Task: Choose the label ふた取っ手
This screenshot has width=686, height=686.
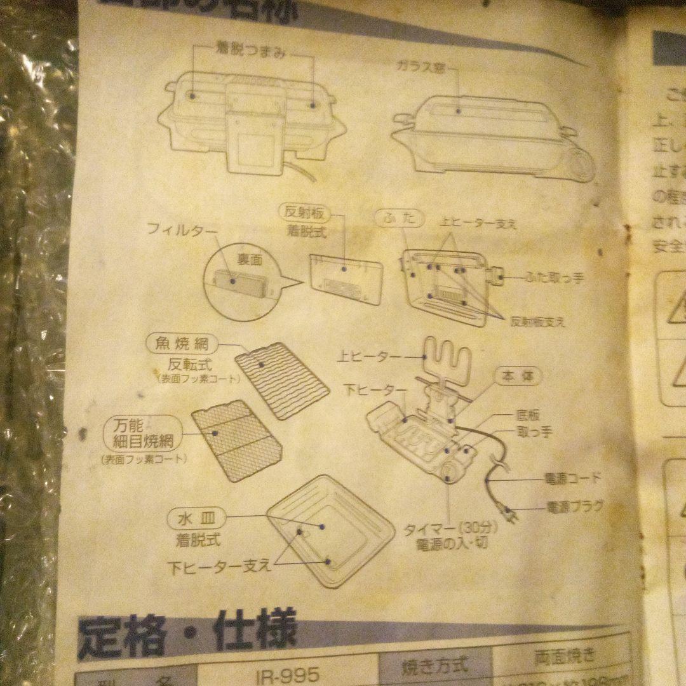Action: (x=554, y=278)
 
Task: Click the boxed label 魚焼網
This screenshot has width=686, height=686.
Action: (x=181, y=345)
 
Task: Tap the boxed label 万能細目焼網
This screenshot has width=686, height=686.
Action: (x=143, y=432)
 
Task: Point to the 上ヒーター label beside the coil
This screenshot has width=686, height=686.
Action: (x=370, y=358)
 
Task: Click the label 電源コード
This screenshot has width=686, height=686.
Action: (x=573, y=478)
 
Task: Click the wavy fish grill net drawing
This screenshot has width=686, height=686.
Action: (x=281, y=379)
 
